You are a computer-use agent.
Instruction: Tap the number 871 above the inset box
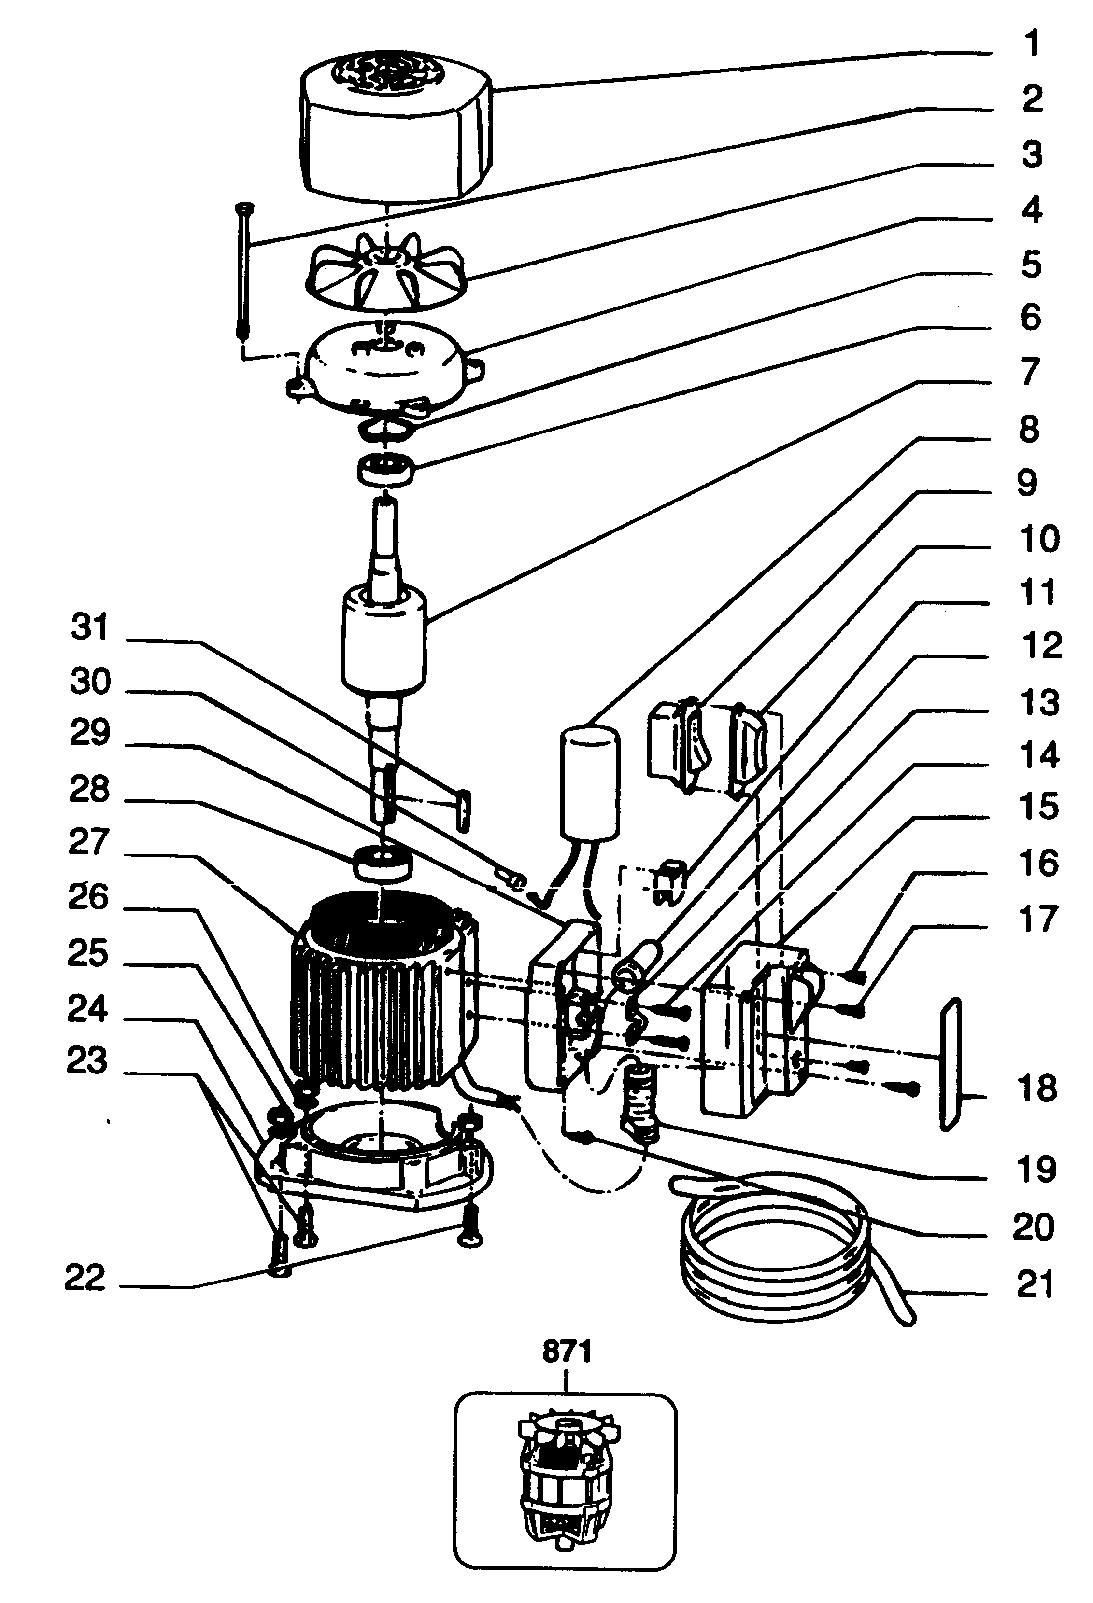click(x=567, y=1351)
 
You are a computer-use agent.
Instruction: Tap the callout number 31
click(x=90, y=627)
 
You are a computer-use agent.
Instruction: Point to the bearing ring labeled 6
click(x=385, y=470)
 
